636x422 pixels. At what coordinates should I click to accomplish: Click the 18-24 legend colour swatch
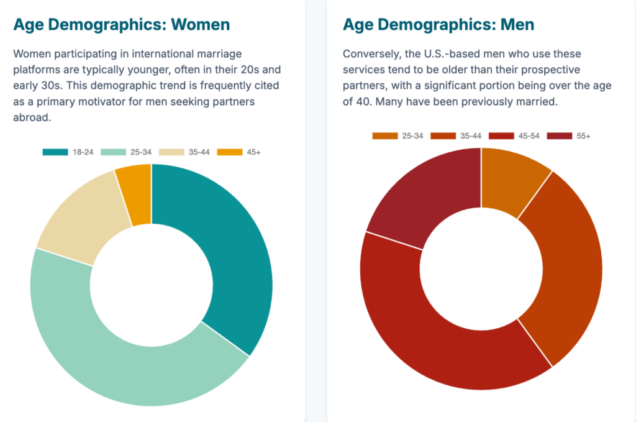(55, 152)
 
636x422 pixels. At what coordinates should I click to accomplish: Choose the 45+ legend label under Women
(253, 152)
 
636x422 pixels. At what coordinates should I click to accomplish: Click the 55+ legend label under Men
(583, 136)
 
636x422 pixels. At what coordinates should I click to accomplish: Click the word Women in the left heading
(200, 24)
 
